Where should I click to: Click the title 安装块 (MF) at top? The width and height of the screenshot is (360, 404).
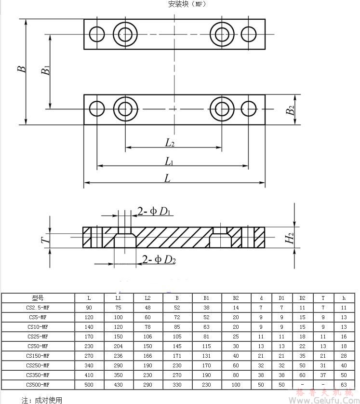point(187,4)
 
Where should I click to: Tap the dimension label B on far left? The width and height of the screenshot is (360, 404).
point(22,69)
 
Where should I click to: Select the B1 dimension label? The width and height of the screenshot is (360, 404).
point(46,70)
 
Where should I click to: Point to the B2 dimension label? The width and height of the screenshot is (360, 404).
point(290,110)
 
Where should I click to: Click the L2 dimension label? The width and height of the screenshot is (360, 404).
point(170,142)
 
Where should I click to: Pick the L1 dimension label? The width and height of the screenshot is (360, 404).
point(169,161)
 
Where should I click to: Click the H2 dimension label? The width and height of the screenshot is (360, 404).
point(289,238)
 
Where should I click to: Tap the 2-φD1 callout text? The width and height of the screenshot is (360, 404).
point(155,211)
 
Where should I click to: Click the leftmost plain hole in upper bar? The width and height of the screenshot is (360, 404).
point(97,34)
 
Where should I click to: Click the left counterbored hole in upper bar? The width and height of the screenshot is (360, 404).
point(126,34)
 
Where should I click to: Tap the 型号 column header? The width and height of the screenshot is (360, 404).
point(38,298)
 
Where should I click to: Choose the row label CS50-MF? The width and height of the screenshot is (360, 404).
point(38,346)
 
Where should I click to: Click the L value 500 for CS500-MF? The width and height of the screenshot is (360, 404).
point(89,385)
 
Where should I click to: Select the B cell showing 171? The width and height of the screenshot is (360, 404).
point(177,356)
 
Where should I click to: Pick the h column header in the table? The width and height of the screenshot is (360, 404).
point(344,298)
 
